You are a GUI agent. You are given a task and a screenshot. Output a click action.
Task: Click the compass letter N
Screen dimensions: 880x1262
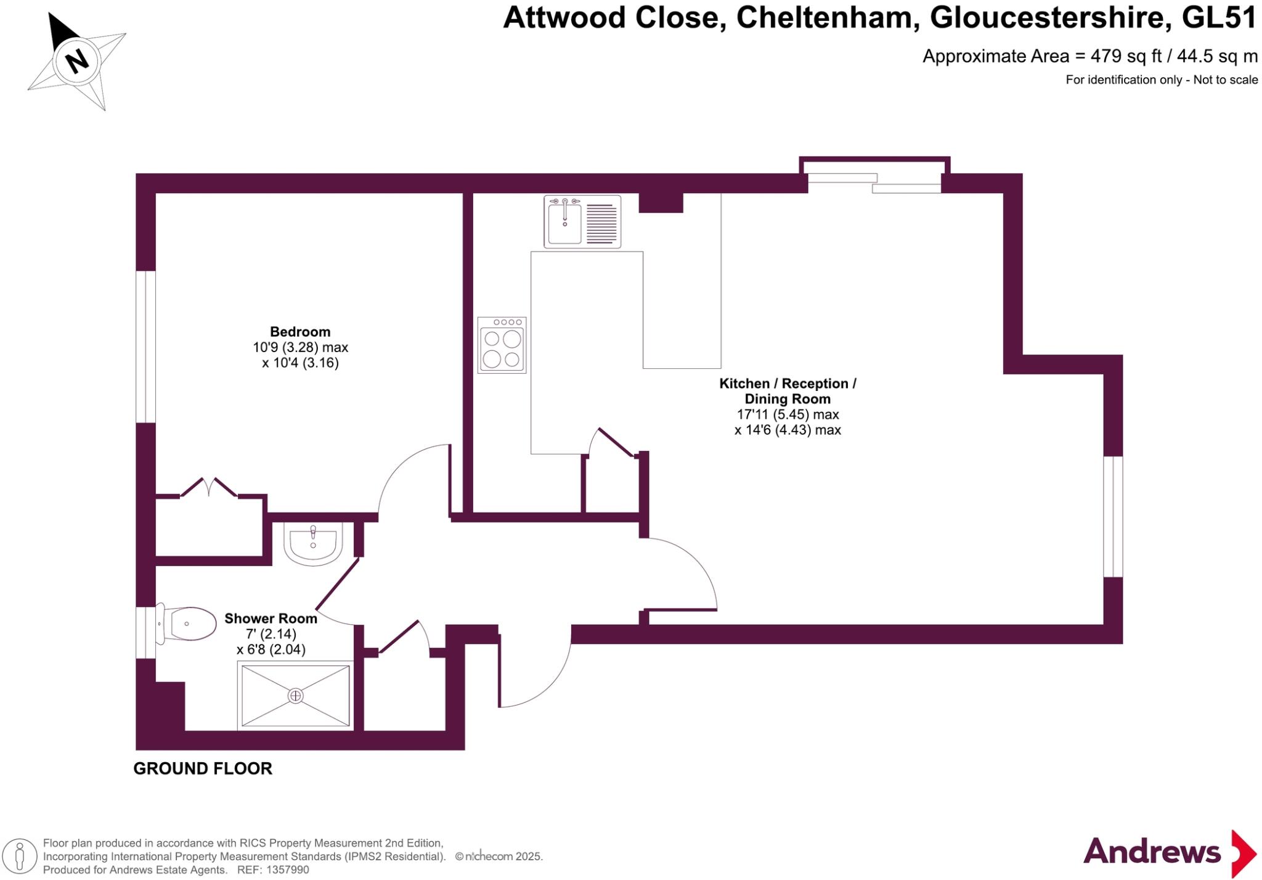coord(77,61)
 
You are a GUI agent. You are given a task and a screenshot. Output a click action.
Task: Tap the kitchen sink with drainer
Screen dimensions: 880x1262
coord(582,221)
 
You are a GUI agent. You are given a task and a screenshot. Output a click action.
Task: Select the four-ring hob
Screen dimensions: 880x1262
coord(502,345)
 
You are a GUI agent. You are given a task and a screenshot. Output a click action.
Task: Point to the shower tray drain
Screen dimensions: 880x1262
coord(296,696)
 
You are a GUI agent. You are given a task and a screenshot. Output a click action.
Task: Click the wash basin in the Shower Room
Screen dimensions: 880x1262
coord(313,543)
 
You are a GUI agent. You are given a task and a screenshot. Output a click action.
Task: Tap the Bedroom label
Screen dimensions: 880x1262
coord(300,332)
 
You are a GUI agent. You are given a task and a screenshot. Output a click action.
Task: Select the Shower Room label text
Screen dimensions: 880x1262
coord(271,619)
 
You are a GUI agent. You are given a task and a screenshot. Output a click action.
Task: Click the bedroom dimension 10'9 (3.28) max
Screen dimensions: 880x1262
coord(300,347)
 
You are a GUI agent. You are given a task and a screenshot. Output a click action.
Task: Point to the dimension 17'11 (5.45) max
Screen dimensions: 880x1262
coord(788,414)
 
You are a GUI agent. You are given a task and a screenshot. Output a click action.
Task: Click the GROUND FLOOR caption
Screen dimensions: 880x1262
coord(203,768)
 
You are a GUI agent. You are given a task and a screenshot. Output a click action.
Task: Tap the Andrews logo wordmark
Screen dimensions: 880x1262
coord(1151,852)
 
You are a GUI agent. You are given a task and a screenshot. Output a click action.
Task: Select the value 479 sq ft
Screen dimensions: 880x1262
coord(1125,56)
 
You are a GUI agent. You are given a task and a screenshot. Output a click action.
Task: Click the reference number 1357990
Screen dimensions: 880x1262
coord(286,870)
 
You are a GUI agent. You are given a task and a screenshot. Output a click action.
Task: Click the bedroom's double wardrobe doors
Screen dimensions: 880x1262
coord(209,487)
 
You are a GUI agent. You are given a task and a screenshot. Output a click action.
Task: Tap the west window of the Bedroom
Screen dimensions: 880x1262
coord(145,347)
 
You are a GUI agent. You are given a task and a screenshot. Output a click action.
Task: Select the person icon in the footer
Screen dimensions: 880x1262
coord(20,856)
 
